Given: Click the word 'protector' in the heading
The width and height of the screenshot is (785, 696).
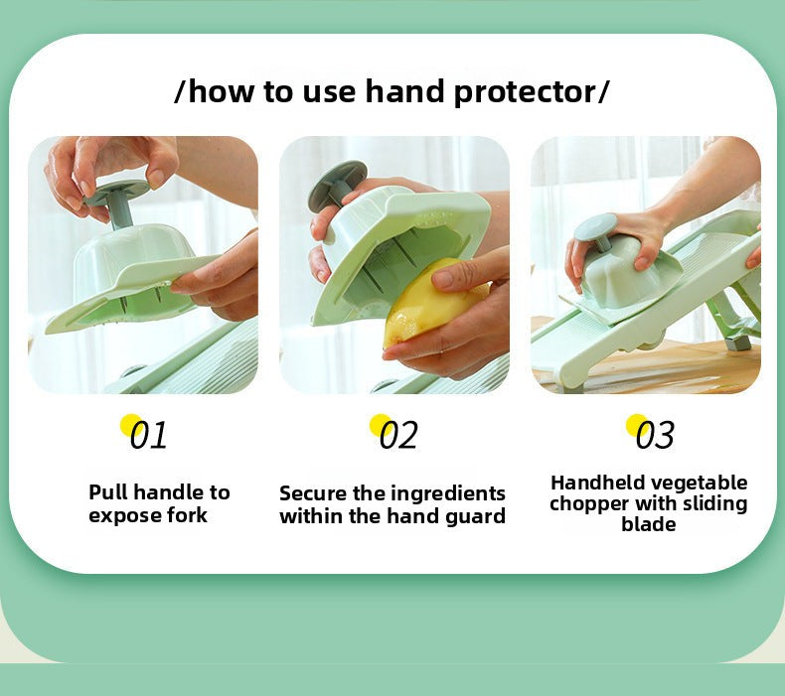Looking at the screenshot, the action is click(x=525, y=92).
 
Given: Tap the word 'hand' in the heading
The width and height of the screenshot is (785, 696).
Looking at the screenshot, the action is click(x=403, y=90).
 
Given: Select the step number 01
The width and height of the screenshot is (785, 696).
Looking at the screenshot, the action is click(x=148, y=434).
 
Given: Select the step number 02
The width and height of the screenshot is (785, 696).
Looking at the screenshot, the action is click(x=398, y=434).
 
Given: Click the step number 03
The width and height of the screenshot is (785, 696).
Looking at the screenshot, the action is click(x=655, y=434).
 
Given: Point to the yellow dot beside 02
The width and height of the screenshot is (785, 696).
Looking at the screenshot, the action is click(x=380, y=425).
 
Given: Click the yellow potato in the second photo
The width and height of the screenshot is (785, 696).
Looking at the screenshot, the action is click(x=425, y=305).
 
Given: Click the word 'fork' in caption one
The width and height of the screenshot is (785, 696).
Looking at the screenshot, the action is click(x=187, y=515).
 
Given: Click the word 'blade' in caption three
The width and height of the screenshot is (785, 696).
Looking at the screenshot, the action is click(x=648, y=524).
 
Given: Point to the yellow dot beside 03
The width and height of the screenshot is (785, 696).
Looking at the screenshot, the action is click(x=636, y=425).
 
